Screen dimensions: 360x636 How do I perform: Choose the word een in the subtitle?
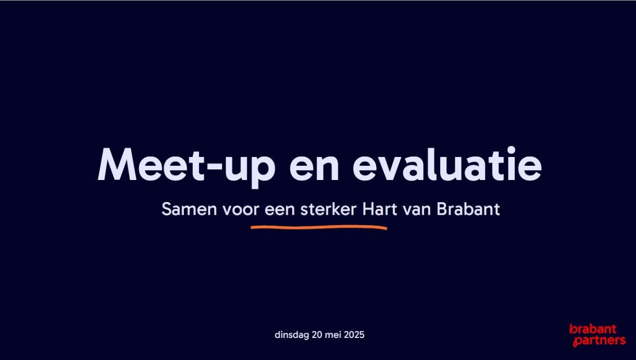[280, 210]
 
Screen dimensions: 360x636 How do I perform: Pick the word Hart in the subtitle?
[379, 209]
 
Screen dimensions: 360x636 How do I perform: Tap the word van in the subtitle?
[416, 210]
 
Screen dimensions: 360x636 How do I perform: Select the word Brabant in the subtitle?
[468, 209]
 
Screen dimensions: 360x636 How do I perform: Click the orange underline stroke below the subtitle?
[319, 227]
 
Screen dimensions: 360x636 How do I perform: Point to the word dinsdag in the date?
[292, 335]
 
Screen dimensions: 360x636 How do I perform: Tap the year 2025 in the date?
[354, 335]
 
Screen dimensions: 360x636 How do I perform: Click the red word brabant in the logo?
[592, 329]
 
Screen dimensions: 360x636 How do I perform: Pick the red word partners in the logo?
[599, 340]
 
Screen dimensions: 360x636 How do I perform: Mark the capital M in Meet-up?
[117, 164]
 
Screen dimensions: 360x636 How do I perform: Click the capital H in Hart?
[368, 209]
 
